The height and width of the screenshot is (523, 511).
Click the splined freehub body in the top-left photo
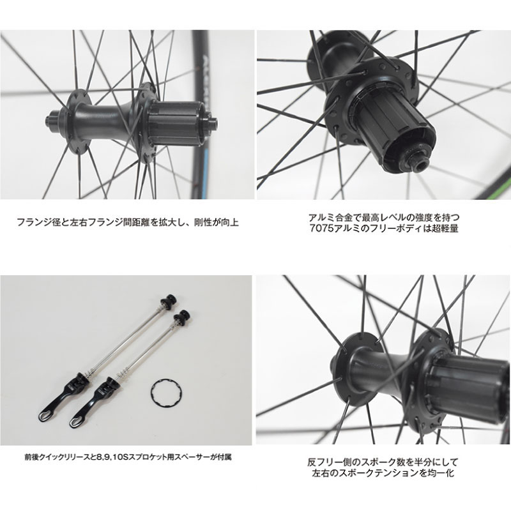coord(174,123)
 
